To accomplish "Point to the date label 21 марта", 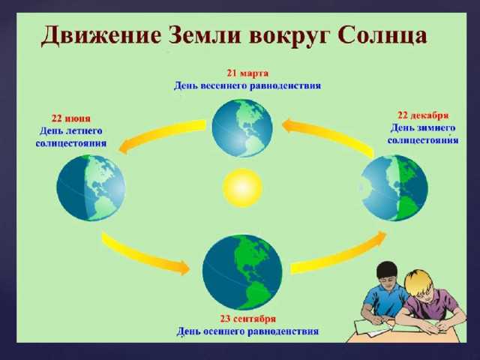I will (247, 73).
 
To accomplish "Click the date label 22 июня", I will (71, 118).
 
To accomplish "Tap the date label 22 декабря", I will (423, 115).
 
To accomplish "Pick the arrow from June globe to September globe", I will (144, 252).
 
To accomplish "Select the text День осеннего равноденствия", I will (247, 330).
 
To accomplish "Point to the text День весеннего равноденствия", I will (247, 85).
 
